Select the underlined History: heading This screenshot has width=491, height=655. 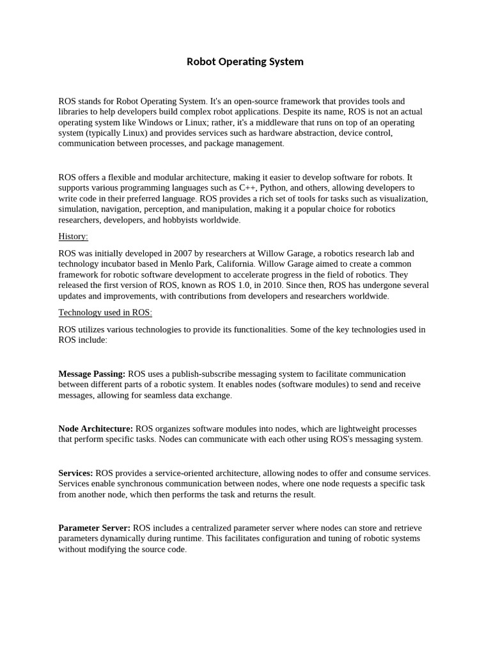pos(73,237)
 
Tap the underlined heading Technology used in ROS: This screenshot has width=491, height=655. pos(105,313)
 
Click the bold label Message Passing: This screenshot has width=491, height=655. pos(92,374)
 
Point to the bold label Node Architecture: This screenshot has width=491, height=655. pos(96,429)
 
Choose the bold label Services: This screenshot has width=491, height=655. pos(75,473)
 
